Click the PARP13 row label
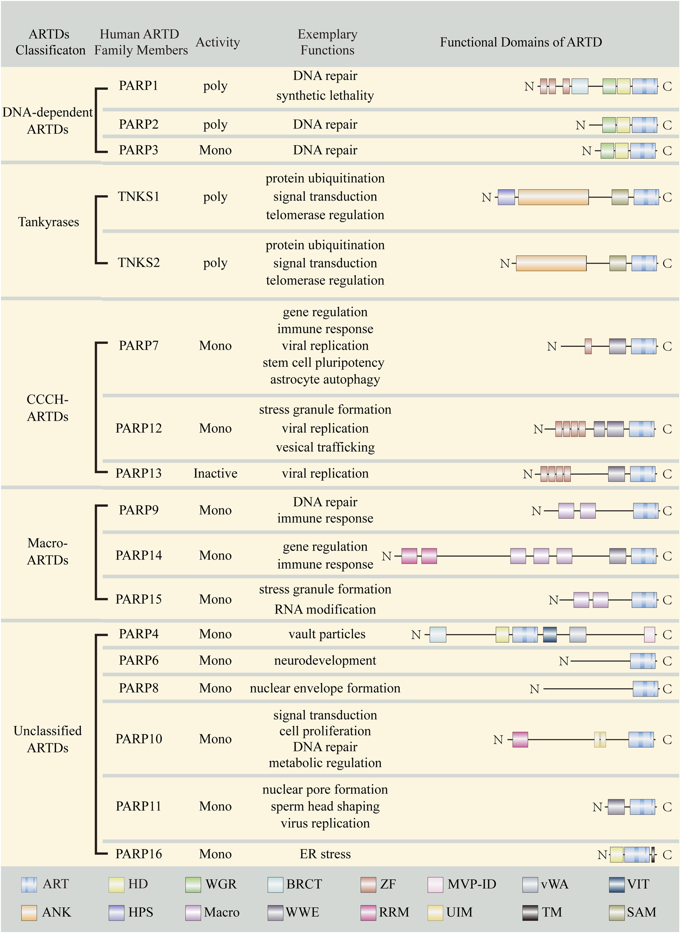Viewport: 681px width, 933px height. coord(138,473)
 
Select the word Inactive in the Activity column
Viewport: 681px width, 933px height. coord(215,473)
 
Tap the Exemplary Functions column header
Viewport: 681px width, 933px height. coord(327,42)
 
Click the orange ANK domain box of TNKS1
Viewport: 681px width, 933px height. coord(553,197)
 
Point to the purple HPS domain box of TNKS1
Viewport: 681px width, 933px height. coord(506,197)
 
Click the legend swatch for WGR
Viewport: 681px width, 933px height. coord(193,885)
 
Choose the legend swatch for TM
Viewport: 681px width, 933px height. coord(530,913)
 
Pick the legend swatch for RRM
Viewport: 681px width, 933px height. coord(368,913)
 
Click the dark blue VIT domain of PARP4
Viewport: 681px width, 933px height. coord(549,634)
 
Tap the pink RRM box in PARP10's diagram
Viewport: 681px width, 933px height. coord(520,740)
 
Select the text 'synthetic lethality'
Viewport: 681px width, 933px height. coord(325,96)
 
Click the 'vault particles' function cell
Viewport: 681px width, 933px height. coord(326,634)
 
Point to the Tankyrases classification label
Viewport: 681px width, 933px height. coord(48,222)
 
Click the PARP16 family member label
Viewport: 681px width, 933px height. coord(138,854)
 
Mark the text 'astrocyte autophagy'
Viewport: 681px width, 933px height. coord(325,379)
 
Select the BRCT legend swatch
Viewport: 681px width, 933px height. coord(275,885)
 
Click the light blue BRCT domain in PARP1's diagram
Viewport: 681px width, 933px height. coord(580,87)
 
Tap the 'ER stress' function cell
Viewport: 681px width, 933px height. coord(325,854)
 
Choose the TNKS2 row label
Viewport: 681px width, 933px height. coord(138,262)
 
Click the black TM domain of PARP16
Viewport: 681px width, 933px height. coord(652,855)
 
